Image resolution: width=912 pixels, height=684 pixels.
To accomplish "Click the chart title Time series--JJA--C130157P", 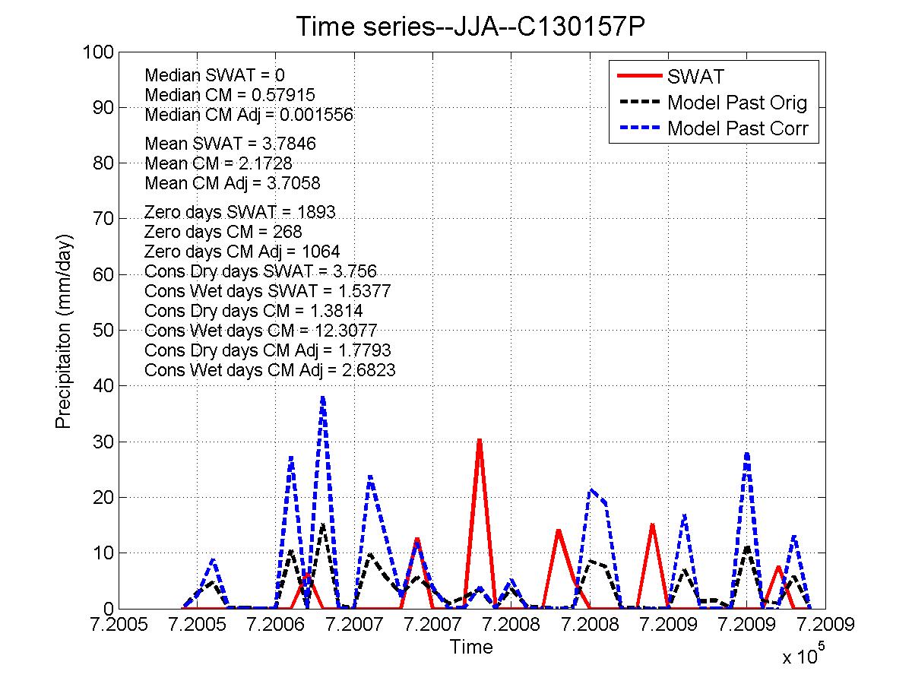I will (470, 27).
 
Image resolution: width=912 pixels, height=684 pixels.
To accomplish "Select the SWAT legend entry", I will (695, 77).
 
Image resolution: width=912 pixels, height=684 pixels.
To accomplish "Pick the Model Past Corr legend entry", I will (742, 128).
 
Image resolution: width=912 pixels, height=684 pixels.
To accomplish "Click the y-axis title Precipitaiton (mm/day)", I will (63, 331).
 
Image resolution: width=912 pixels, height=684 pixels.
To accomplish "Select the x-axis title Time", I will (470, 648).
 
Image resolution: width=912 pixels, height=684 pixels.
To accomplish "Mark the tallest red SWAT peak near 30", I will (479, 440).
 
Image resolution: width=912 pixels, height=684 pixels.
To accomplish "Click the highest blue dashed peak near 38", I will (323, 397).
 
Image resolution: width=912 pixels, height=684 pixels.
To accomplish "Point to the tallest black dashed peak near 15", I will (323, 524).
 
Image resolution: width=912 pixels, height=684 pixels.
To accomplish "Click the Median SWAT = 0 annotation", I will (214, 75).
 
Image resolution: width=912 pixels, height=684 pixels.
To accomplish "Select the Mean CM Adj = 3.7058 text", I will (232, 183).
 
